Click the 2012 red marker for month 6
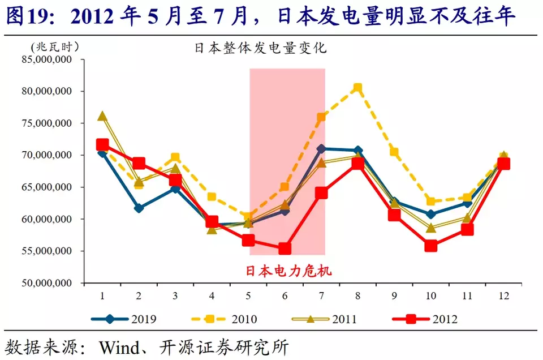click(285, 248)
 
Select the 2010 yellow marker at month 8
click(357, 88)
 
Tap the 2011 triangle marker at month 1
click(102, 116)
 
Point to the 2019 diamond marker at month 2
click(139, 208)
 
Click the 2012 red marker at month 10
click(431, 246)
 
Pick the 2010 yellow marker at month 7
click(321, 118)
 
